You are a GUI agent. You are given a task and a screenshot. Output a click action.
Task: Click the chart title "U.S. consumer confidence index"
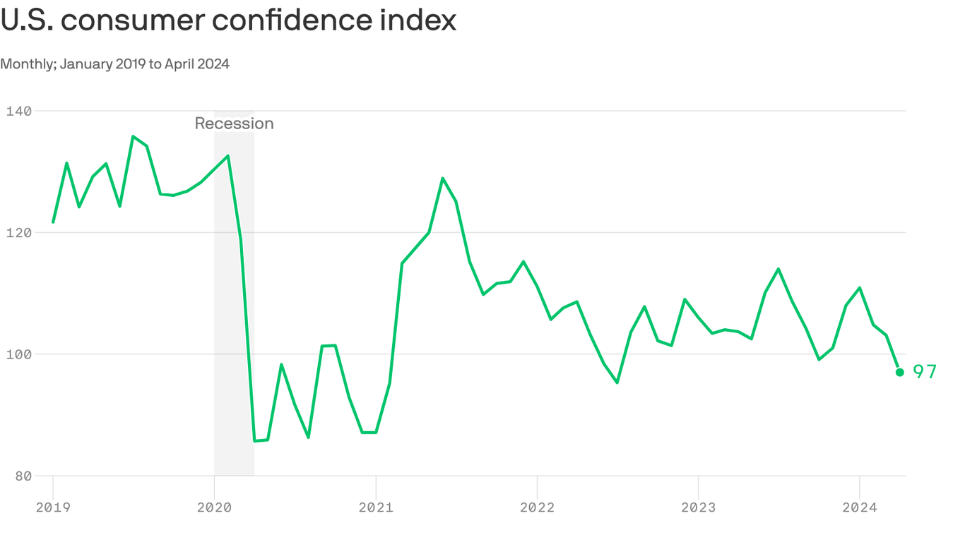click(x=228, y=20)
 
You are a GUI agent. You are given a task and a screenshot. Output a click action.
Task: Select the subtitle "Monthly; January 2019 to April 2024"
click(x=114, y=64)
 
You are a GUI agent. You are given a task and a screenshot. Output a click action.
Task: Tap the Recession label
click(x=234, y=124)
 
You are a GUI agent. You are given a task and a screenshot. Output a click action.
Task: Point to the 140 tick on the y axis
click(x=19, y=111)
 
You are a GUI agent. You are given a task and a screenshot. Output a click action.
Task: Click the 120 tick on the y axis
click(x=19, y=232)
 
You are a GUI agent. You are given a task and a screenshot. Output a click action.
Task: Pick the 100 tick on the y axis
click(x=19, y=354)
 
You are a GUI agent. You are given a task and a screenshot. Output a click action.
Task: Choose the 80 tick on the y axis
click(x=24, y=476)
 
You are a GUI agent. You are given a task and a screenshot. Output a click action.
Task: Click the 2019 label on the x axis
click(x=53, y=507)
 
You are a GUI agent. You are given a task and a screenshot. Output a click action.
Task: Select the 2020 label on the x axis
click(x=214, y=507)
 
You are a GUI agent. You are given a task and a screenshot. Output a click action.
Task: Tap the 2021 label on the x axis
click(x=376, y=507)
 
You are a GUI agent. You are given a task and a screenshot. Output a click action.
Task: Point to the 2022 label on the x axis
click(x=537, y=507)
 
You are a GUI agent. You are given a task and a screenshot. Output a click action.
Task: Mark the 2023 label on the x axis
click(x=698, y=507)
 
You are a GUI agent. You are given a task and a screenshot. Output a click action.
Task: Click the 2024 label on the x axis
click(x=859, y=507)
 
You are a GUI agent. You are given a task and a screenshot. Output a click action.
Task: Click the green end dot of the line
click(x=899, y=372)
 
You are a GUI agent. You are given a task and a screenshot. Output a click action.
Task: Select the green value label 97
click(x=925, y=372)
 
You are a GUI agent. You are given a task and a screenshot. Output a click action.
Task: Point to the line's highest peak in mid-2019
click(x=134, y=136)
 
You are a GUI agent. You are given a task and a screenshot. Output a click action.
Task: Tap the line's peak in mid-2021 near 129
click(x=443, y=178)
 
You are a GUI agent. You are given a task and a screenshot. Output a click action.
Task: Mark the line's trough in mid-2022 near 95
click(x=617, y=383)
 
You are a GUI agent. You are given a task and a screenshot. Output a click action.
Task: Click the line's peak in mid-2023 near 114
click(x=778, y=269)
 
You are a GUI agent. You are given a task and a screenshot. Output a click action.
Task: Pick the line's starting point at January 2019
click(x=53, y=222)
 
